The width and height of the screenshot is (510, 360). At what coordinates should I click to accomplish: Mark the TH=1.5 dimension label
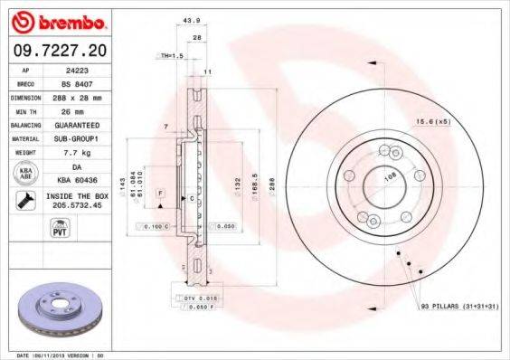tap(172, 55)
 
